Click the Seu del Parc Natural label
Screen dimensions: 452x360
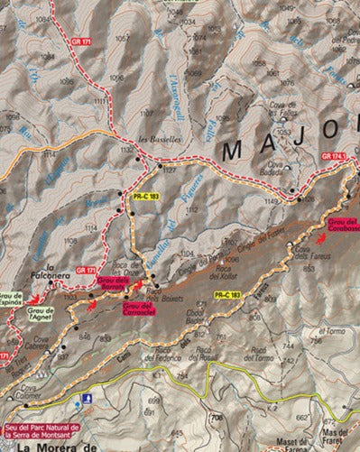point(41,431)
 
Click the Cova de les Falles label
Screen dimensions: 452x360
point(287,114)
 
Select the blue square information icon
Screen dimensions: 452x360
point(86,398)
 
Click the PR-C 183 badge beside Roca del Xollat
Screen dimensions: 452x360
point(227,294)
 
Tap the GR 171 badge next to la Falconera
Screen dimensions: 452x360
point(87,270)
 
